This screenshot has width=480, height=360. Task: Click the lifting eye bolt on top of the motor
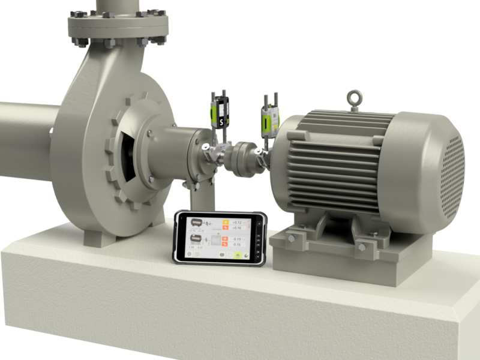click(355, 98)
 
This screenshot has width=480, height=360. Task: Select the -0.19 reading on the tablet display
click(236, 239)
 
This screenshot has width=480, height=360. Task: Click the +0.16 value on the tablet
click(236, 228)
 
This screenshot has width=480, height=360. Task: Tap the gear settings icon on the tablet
click(189, 254)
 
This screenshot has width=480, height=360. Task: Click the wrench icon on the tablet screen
click(245, 256)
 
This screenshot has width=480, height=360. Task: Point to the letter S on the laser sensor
click(221, 122)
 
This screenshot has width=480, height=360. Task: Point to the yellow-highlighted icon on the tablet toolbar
click(238, 256)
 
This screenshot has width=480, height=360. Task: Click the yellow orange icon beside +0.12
click(226, 223)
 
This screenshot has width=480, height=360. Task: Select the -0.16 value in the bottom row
click(236, 244)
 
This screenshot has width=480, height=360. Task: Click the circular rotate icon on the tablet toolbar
click(230, 255)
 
